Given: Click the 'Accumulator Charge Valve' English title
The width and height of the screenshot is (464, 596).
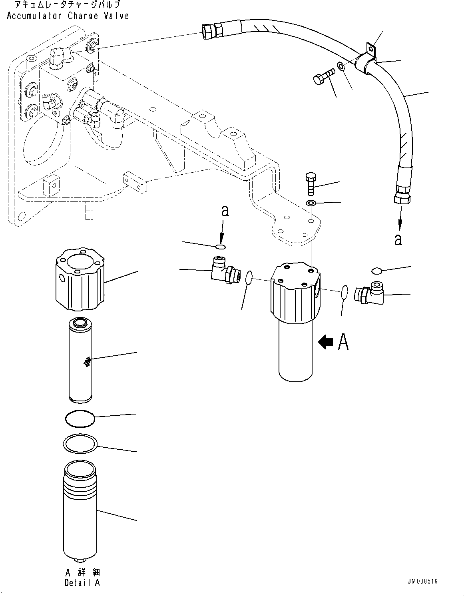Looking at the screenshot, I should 68,16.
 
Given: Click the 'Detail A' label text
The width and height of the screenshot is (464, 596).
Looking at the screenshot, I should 82,583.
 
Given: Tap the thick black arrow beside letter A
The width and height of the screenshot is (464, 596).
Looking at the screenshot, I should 325,342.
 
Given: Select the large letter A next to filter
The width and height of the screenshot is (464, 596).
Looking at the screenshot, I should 343,342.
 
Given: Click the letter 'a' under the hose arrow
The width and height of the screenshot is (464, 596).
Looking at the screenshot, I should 398,239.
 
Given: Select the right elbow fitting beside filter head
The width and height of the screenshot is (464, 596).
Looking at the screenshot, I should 370,294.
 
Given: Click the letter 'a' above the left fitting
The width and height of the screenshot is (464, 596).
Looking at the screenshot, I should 225,211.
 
